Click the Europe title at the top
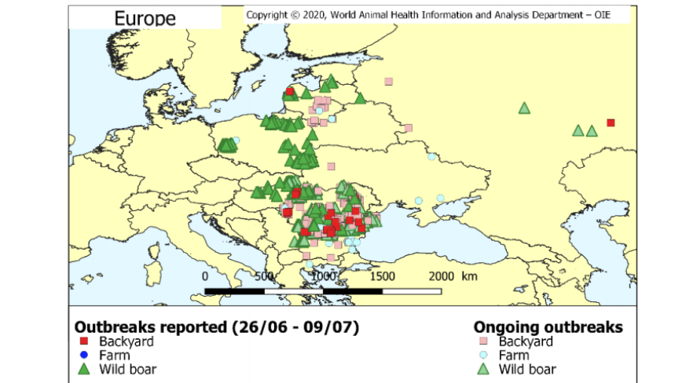point(145,17)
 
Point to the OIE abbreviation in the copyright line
point(597,14)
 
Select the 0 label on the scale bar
point(205,276)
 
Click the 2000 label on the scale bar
point(442,276)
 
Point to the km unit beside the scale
point(470,276)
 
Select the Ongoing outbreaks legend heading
point(548,326)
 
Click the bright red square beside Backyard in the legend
point(83,341)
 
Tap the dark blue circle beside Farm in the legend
point(83,356)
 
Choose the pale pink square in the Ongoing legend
point(484,341)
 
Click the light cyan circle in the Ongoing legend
point(484,356)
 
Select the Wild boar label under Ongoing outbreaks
point(527,370)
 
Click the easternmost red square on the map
point(610,122)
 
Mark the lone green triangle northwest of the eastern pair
point(524,108)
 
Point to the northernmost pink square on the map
point(388,81)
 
